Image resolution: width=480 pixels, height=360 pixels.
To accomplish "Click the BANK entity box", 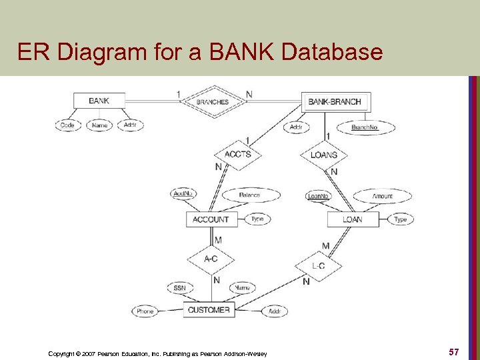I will click(x=99, y=101).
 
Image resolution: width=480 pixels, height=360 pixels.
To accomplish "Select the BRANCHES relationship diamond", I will click(x=212, y=102).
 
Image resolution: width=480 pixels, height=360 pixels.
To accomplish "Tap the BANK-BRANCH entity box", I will click(x=335, y=102).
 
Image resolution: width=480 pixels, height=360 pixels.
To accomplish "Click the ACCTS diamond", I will click(x=237, y=154).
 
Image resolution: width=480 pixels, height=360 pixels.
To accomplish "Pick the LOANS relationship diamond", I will click(x=324, y=155).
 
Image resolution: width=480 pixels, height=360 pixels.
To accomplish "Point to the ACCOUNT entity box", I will click(x=211, y=219).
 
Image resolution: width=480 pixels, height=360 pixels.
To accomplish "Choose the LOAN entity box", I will click(x=353, y=219).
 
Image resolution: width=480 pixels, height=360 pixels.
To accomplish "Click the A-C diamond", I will click(x=211, y=259).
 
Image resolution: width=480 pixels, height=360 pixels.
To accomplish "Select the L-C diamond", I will click(x=318, y=266).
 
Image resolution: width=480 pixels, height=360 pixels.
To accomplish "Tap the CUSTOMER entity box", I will click(x=209, y=310).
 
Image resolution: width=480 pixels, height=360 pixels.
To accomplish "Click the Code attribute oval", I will click(x=67, y=125).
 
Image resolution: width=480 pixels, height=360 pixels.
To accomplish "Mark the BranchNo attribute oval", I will click(x=364, y=127).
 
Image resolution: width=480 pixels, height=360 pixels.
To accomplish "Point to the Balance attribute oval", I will click(x=249, y=195).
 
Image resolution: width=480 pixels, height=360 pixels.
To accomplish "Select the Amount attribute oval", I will click(x=383, y=196).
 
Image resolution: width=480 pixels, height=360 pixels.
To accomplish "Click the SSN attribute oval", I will click(x=179, y=288).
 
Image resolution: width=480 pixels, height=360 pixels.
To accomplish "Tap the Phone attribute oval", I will click(x=145, y=311).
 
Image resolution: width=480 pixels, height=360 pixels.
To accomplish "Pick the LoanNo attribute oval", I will click(x=318, y=196).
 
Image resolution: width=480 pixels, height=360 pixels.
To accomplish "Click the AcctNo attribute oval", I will click(x=183, y=194).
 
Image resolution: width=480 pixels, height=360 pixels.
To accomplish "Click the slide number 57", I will click(x=453, y=351).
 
